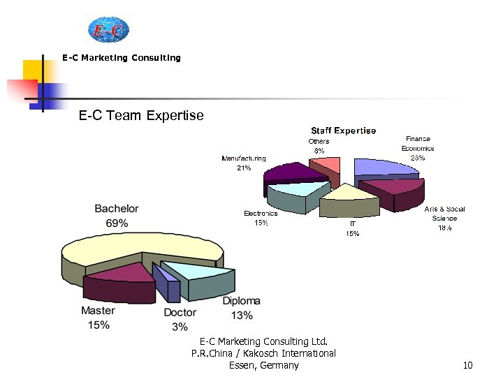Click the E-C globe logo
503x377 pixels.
109,30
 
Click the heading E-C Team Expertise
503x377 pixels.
141,115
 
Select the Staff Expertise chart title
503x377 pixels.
343,131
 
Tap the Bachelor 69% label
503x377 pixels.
117,216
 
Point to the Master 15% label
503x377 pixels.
99,318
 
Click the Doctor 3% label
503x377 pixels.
180,320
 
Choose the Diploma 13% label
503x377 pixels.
242,308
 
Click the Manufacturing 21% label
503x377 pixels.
244,163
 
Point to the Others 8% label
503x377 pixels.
319,146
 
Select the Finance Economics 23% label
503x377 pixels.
418,148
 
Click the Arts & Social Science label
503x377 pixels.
444,218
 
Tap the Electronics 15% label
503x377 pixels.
261,218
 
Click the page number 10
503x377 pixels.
468,365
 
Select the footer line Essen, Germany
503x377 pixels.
263,365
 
